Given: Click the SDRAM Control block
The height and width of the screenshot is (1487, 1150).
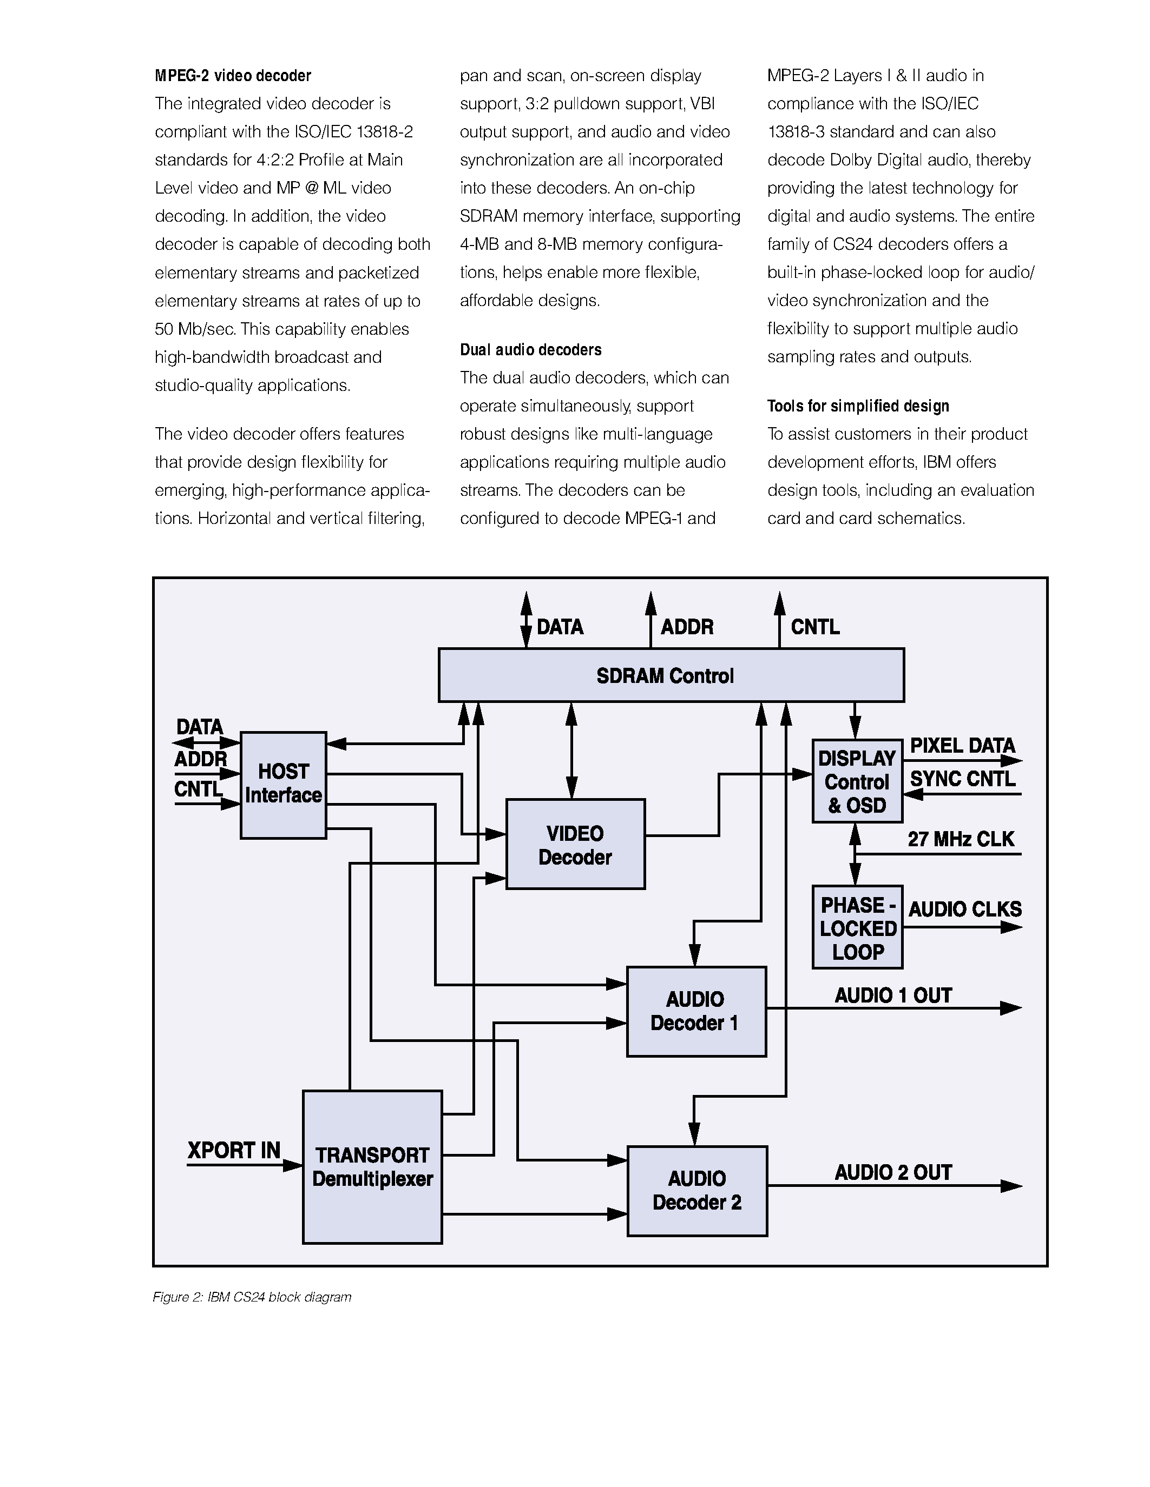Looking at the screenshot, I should [671, 675].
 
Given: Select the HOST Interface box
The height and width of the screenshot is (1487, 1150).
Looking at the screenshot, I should [282, 785].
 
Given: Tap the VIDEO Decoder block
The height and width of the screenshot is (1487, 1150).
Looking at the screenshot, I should [575, 844].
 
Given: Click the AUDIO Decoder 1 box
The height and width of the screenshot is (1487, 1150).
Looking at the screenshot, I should [695, 1011].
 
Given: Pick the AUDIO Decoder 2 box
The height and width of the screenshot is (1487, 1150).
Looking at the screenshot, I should [696, 1191].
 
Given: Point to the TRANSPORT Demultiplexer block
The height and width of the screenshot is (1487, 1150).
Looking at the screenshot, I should [372, 1167].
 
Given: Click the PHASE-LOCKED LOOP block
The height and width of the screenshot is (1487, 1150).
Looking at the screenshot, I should [857, 927].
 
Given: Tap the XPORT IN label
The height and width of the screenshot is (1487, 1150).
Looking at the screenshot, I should [234, 1150].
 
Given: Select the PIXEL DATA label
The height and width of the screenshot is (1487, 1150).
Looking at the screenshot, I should [962, 746].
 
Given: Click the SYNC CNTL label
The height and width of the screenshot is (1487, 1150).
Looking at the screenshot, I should [962, 779].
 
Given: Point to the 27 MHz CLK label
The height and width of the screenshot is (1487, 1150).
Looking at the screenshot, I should [961, 839].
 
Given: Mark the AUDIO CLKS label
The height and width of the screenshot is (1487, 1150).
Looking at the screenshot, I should [965, 909].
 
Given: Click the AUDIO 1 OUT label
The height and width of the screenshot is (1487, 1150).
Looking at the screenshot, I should [892, 995].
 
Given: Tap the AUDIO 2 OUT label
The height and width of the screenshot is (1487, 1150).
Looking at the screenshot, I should [892, 1172].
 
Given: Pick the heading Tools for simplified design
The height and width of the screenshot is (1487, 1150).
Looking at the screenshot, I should [858, 407].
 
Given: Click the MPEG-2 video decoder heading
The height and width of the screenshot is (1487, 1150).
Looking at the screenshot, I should [233, 76].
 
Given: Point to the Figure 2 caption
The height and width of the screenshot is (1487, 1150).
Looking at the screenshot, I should [252, 1297].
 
